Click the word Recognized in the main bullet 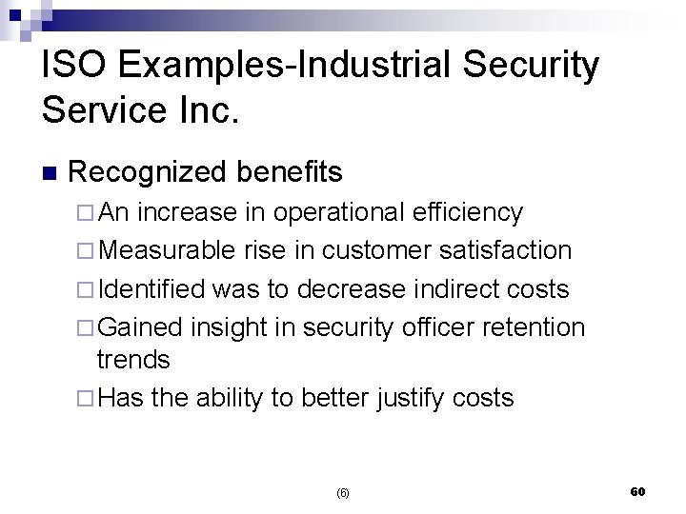(147, 172)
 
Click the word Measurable (167, 250)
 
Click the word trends (133, 360)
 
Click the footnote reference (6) (343, 493)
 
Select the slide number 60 (637, 491)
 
